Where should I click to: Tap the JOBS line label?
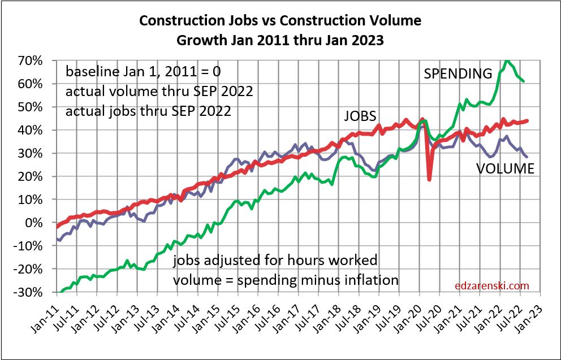[360, 116]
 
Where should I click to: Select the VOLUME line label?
[505, 168]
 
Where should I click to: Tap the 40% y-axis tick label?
[38, 130]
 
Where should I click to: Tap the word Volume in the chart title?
[394, 21]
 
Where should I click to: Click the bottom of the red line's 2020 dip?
[430, 180]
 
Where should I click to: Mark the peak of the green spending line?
[507, 60]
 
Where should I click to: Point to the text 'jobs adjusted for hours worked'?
[275, 261]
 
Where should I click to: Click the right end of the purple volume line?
[527, 157]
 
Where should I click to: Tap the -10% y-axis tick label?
[35, 246]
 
